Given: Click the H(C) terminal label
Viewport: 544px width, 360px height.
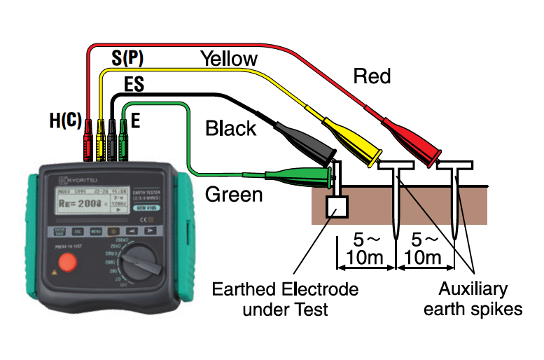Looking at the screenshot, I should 64,120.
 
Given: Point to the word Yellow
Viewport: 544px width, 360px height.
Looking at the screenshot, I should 228,58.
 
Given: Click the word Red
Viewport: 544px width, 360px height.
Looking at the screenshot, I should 372,76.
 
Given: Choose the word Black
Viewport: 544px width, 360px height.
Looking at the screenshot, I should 230,129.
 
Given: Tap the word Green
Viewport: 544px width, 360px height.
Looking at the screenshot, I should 234,193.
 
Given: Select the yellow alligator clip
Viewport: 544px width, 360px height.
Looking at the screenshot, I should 350,137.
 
